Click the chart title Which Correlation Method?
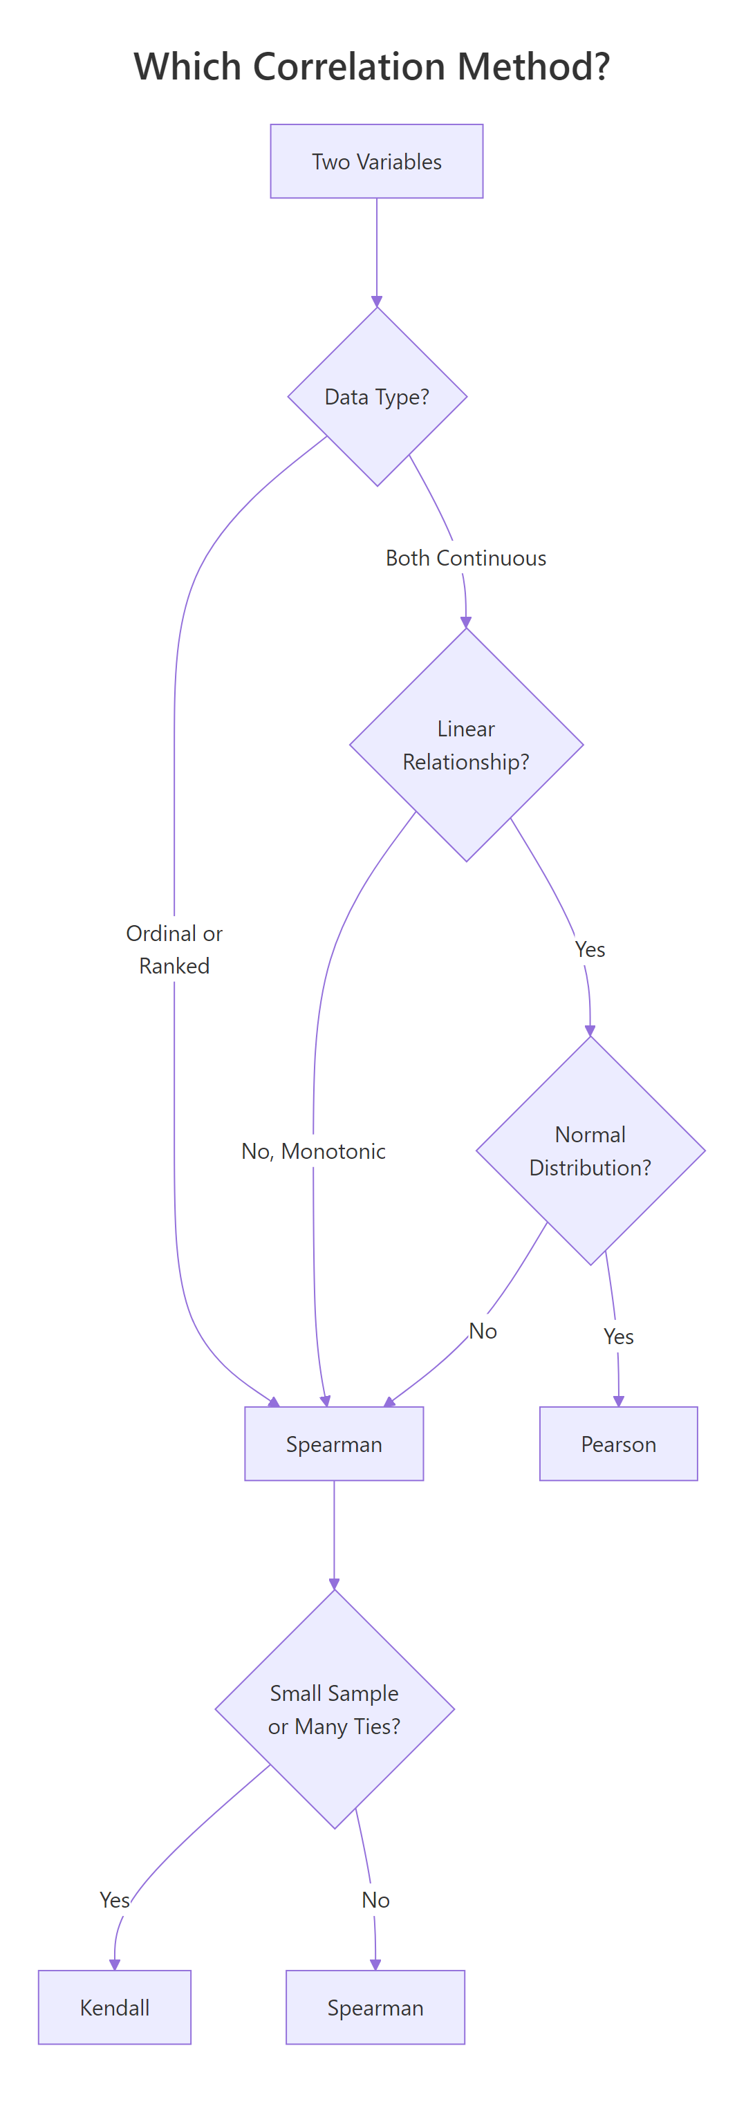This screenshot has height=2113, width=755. pos(372,66)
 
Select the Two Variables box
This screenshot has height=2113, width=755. pos(377,162)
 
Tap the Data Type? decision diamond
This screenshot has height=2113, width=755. pos(377,397)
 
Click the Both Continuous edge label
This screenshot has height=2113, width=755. pos(465,558)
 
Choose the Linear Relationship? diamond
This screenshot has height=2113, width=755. pos(466,745)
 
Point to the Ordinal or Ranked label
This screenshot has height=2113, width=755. pos(174,949)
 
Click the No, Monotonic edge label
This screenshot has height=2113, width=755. pos(313,1151)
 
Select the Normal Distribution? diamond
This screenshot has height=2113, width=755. pos(590,1150)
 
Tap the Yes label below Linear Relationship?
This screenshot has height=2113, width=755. pos(590,949)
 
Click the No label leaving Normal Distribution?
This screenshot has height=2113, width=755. pos(483,1330)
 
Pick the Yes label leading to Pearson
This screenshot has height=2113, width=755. pos(618,1337)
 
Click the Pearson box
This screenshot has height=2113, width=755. pos(618,1444)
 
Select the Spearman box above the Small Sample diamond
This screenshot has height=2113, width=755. pos(334,1444)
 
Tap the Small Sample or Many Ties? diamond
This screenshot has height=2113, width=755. pos(334,1709)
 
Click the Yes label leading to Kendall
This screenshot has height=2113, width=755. pos(115,1900)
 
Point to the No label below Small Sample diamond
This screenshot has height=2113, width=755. pos(375,1900)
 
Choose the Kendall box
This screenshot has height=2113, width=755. pos(115,2007)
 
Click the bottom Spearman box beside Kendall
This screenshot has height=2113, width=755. pos(375,2007)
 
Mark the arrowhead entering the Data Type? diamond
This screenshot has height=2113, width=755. pos(377,302)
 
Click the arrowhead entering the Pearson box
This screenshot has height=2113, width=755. pos(619,1401)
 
